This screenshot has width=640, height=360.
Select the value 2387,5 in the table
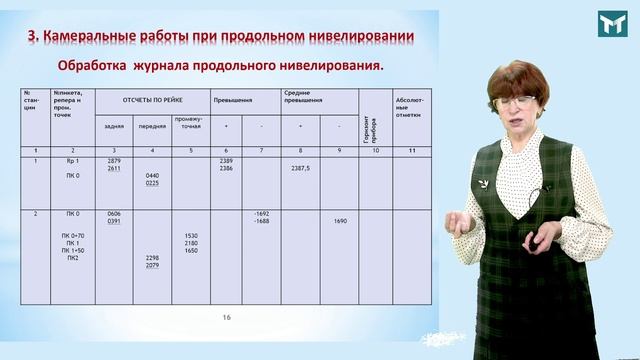(300, 169)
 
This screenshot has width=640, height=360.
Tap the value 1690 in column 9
(340, 221)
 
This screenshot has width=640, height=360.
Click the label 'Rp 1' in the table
(72, 161)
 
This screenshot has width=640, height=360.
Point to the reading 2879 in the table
(113, 161)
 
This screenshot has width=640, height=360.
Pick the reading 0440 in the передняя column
(152, 176)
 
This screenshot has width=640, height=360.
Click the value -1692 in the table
(262, 213)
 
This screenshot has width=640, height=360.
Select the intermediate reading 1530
(190, 236)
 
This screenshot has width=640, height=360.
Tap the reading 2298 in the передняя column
(152, 258)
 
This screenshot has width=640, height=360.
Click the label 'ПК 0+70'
(73, 236)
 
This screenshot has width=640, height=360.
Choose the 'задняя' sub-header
(113, 127)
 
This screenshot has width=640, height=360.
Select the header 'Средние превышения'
(301, 97)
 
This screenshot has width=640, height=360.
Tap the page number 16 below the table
(227, 317)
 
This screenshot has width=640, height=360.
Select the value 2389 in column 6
(227, 161)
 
